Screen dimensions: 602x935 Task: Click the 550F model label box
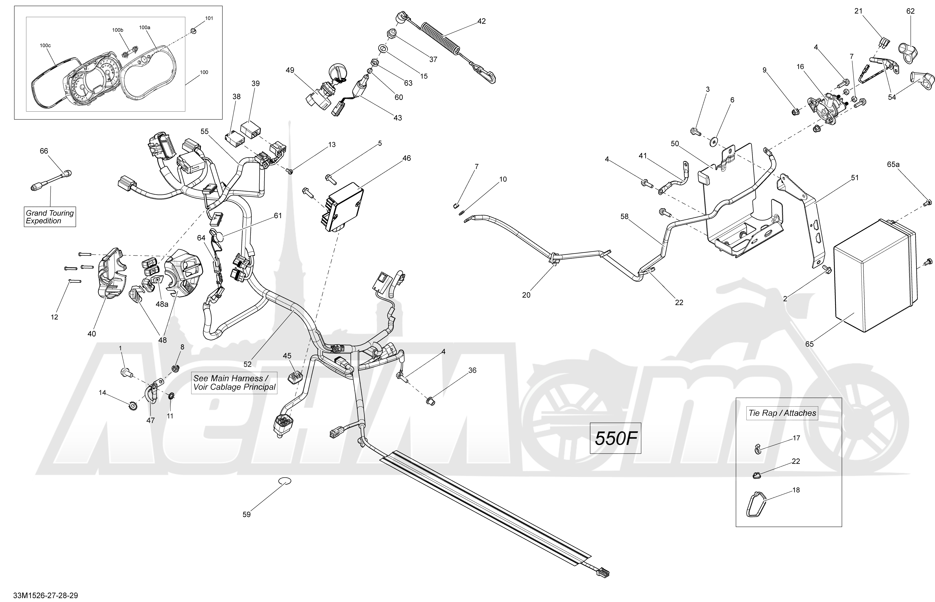(x=615, y=439)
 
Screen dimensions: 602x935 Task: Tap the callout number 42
(x=482, y=21)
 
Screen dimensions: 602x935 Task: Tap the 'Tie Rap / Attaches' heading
(x=782, y=413)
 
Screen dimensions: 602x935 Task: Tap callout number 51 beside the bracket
(x=855, y=178)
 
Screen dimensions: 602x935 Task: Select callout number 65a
(x=893, y=165)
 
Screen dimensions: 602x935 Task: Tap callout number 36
(x=472, y=370)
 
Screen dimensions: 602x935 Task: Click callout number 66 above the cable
(x=44, y=151)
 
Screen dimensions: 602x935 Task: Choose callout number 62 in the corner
(x=910, y=11)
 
